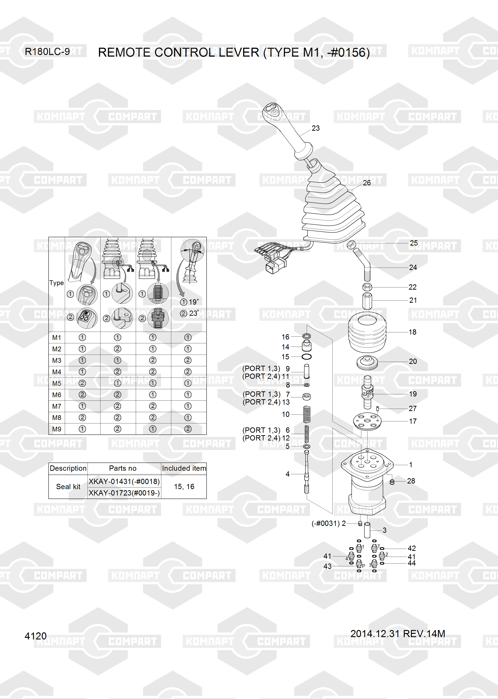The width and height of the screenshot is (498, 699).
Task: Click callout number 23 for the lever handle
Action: pos(316,128)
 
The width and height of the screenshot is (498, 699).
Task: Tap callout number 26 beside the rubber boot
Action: pos(367,183)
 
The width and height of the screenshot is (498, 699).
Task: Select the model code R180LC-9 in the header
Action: pos(47,52)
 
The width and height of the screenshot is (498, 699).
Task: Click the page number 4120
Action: pos(35,636)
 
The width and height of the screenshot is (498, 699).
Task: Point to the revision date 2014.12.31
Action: pos(375,633)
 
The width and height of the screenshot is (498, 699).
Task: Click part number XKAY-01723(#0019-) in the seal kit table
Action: pos(124,493)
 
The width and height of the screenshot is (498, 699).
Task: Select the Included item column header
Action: pos(184,468)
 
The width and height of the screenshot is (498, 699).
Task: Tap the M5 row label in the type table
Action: pos(57,383)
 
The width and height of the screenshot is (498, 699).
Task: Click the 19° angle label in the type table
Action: pos(193,302)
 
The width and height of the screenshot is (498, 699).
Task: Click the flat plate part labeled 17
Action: pos(367,422)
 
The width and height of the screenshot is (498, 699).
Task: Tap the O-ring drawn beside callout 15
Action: pos(307,357)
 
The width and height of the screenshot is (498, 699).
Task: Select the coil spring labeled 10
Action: pos(307,414)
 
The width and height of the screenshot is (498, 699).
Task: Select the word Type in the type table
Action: pos(57,283)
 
